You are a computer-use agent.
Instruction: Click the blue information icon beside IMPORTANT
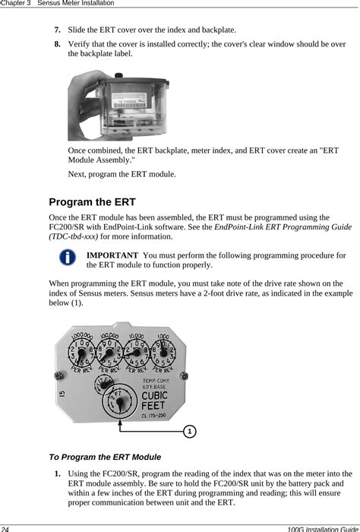pyautogui.click(x=68, y=258)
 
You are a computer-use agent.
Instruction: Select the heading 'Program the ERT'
pyautogui.click(x=92, y=202)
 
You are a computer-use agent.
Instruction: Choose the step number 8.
pyautogui.click(x=57, y=44)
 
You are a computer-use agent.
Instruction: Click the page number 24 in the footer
pyautogui.click(x=6, y=527)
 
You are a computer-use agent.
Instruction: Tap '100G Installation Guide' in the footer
pyautogui.click(x=319, y=527)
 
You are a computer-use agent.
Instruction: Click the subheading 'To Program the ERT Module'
pyautogui.click(x=105, y=458)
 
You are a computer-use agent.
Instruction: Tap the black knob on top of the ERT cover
pyautogui.click(x=119, y=75)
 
